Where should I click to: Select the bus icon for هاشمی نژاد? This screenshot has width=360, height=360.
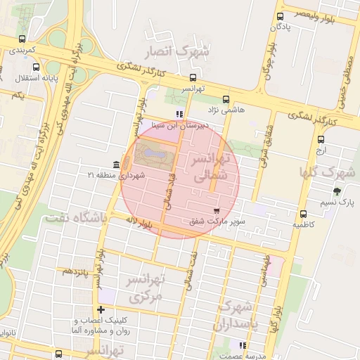click(226, 99)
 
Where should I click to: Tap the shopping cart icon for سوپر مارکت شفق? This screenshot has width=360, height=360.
click(217, 210)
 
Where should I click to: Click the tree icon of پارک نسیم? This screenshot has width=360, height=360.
click(337, 191)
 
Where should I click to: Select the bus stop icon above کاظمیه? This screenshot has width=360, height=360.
click(303, 214)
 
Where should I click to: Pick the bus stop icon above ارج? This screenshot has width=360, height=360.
click(321, 139)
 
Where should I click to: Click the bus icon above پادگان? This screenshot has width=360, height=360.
click(281, 15)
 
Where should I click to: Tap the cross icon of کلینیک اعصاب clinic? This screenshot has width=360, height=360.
click(101, 309)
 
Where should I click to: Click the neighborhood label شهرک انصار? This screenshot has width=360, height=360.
click(186, 53)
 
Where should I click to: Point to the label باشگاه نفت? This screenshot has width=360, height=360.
click(76, 219)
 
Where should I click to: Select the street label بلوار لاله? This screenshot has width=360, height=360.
click(140, 224)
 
